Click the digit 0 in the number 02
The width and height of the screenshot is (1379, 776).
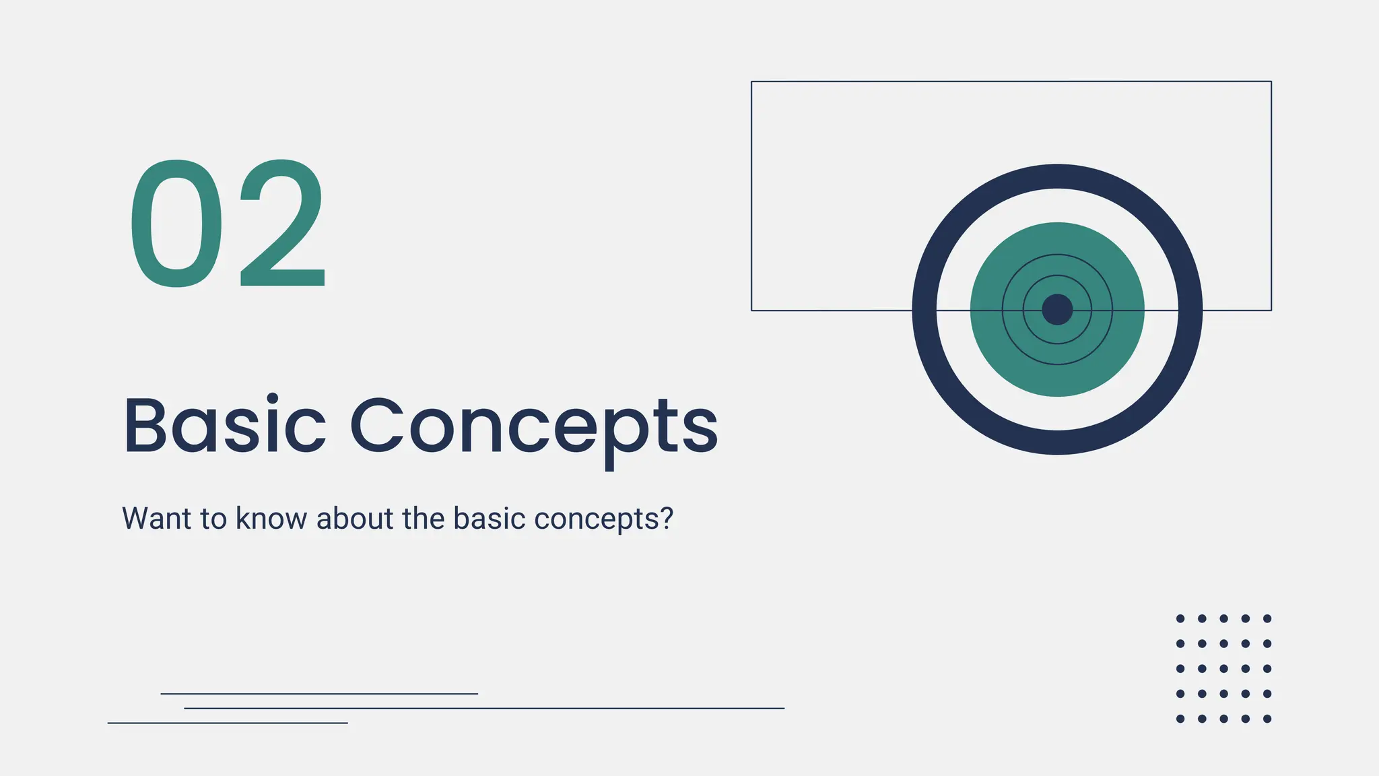pos(176,223)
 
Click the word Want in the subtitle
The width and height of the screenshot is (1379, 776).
pos(156,519)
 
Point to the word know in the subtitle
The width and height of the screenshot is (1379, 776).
pos(271,519)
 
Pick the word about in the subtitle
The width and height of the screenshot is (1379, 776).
pos(355,519)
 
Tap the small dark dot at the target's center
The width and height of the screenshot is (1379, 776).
pos(1057,310)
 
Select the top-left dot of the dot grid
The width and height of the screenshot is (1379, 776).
pos(1180,618)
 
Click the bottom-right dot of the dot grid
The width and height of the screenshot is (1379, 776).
pos(1267,719)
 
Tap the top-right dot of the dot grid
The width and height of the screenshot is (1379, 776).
pos(1267,618)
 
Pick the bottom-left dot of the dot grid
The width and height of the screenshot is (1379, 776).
pos(1180,719)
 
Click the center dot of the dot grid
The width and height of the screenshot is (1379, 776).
pos(1223,669)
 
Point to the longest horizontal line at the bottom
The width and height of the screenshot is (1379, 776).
pos(485,708)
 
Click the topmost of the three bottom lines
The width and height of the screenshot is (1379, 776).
pos(319,693)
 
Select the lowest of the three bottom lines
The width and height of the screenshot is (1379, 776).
pos(228,723)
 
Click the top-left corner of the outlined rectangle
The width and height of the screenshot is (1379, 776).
pos(751,82)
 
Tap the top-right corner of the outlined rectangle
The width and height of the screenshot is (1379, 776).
pos(1271,82)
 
